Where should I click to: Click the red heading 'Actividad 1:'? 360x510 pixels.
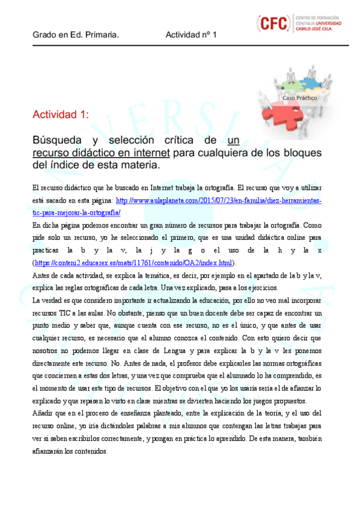pos(61,114)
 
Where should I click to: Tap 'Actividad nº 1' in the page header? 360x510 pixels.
pos(191,35)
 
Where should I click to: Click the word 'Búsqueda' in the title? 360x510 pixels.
pos(58,141)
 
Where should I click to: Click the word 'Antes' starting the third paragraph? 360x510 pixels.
pos(41,275)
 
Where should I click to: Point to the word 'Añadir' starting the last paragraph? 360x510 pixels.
pos(43,413)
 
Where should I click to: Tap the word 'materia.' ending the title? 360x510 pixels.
pos(142,164)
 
